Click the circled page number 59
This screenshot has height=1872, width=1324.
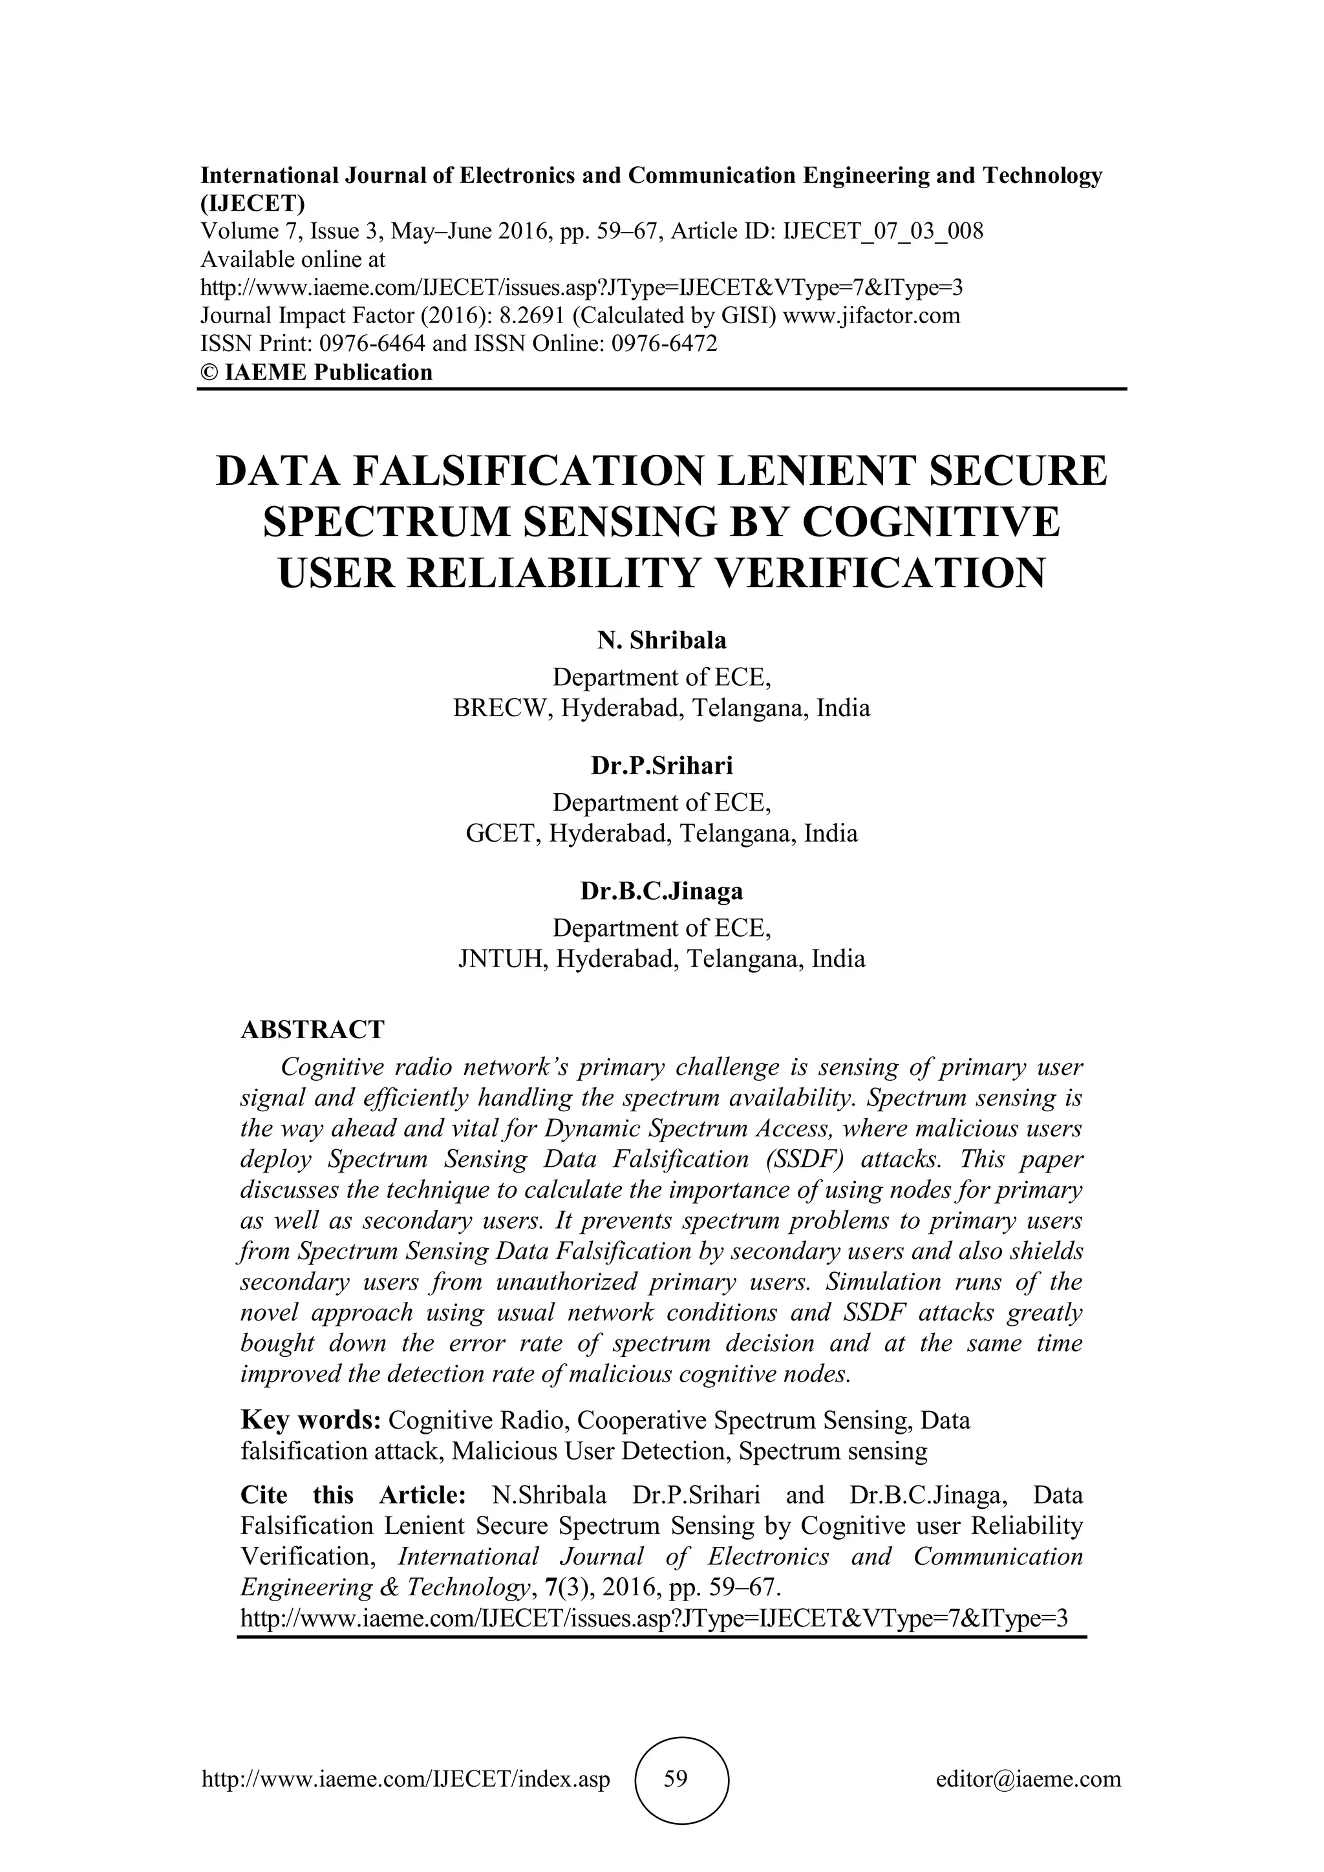(x=675, y=1779)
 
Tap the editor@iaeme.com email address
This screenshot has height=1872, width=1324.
(x=1028, y=1779)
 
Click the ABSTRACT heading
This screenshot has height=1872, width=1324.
(x=312, y=1030)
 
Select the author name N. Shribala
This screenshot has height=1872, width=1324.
(x=661, y=640)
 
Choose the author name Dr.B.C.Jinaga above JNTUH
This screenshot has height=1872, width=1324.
(x=661, y=891)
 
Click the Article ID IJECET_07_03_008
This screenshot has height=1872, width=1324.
(x=883, y=231)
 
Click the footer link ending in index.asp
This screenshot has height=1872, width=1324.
(x=405, y=1779)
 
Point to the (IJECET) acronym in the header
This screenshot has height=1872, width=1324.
(x=253, y=203)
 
